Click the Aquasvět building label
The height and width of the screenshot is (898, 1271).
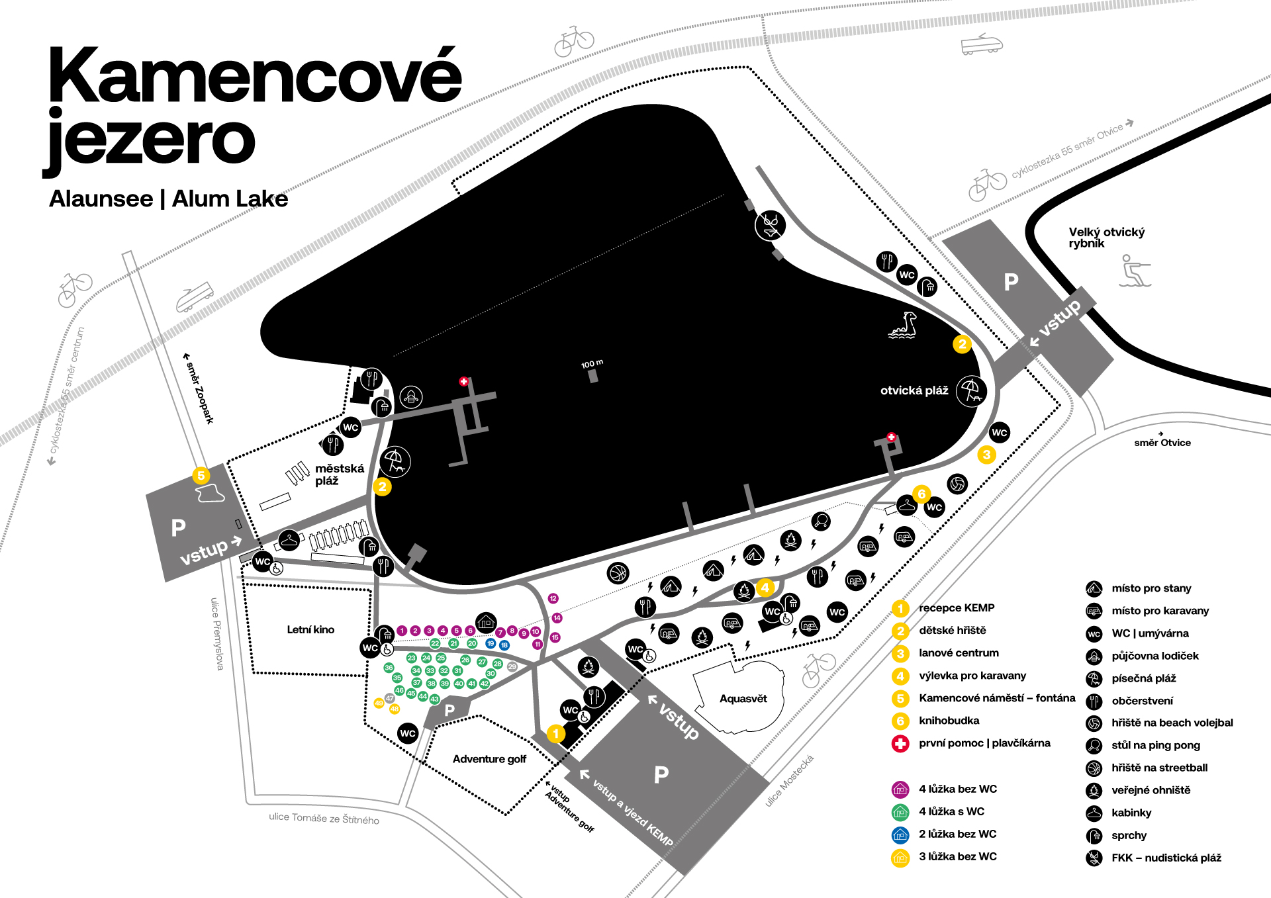pos(743,699)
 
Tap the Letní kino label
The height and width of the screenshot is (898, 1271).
pos(310,629)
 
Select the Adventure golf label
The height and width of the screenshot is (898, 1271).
pos(489,759)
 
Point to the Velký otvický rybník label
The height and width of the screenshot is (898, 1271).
pos(1106,238)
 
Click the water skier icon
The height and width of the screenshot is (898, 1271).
pos(1135,271)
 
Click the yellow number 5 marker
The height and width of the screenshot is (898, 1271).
pos(201,475)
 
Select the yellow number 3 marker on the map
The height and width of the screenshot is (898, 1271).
pos(986,455)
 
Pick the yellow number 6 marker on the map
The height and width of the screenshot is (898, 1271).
pos(921,494)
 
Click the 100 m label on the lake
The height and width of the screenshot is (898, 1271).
pos(592,363)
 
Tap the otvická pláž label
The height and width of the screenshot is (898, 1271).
pos(914,390)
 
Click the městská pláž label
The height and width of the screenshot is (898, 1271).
pos(339,474)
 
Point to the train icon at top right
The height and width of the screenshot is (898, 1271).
pos(982,44)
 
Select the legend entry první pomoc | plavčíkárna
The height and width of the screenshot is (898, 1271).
pos(984,743)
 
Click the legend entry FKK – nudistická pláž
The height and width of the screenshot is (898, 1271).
pos(1166,858)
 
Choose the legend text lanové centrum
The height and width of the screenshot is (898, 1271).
pos(959,653)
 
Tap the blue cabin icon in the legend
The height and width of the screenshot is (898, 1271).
pos(900,834)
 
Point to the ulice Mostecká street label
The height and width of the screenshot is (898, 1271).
pos(789,781)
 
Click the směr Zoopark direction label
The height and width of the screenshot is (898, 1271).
pos(199,388)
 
